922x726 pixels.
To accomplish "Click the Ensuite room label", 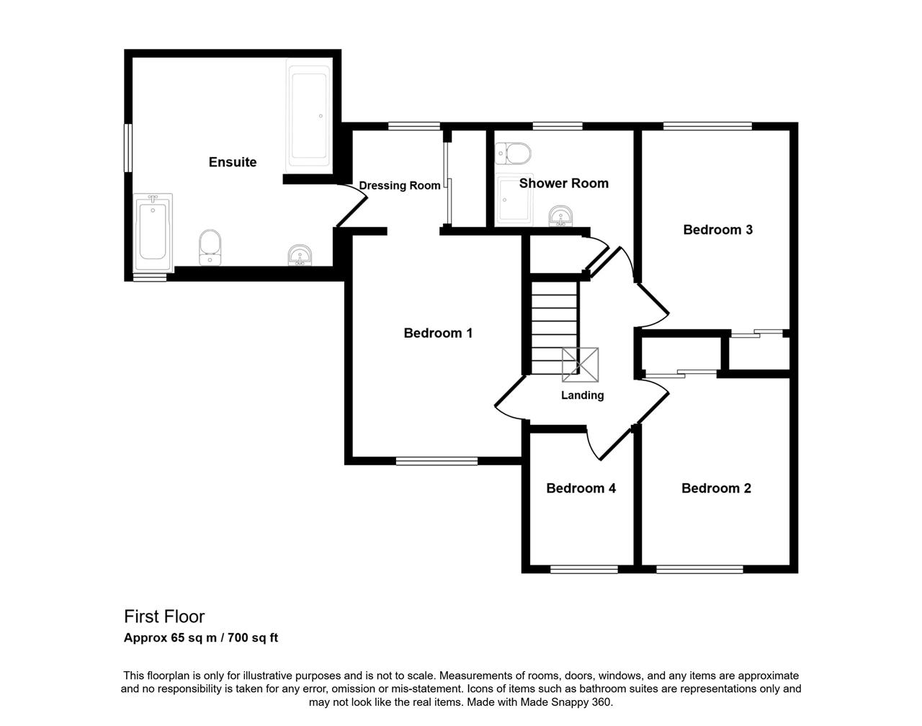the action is pos(232,162).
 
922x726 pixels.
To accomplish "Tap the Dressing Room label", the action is pos(399,186).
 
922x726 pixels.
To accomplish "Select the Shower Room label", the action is pos(563,184).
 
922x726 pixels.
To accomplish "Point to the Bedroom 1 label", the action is pos(438,333).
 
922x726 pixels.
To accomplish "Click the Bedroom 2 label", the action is pos(716,488).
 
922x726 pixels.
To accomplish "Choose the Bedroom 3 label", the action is pos(717,230).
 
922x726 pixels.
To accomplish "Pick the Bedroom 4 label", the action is pos(581,488).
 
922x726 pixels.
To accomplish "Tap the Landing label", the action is pos(582,395).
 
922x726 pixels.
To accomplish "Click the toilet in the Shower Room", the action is pos(514,154).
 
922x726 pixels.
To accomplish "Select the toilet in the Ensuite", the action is pos(210,248).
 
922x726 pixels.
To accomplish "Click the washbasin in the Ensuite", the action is pos(300,256).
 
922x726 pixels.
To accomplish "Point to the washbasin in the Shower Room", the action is pos(560,216).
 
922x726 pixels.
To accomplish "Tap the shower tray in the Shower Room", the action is pos(514,200).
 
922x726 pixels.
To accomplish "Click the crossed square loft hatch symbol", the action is pos(580,364).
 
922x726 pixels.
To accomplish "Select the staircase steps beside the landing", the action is pos(555,328).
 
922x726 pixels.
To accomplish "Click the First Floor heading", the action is pos(164,617).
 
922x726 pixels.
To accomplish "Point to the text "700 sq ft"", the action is pos(253,637).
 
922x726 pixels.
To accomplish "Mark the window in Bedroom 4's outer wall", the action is pos(584,569).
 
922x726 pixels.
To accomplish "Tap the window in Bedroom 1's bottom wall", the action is pos(437,461).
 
